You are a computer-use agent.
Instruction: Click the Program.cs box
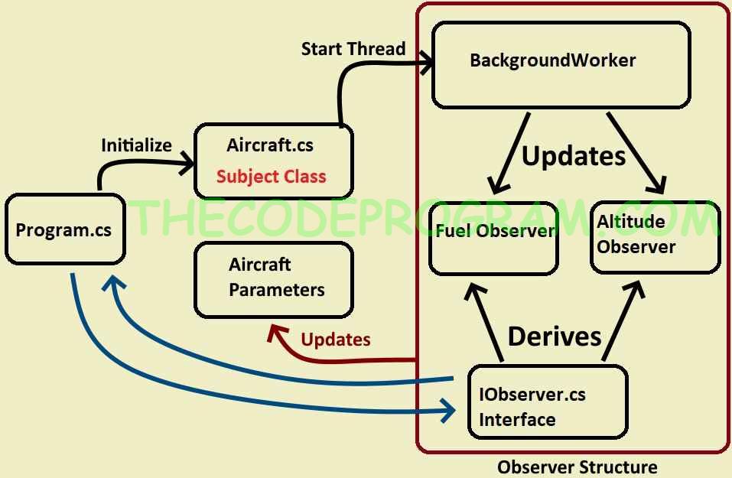click(63, 229)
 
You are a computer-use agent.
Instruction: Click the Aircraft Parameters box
click(274, 279)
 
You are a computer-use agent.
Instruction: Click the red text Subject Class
click(271, 177)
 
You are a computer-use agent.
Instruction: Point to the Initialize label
click(137, 145)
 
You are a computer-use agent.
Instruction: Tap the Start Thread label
click(353, 49)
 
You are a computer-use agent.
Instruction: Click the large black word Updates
click(574, 155)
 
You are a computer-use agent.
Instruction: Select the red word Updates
click(336, 340)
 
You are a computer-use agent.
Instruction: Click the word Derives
click(555, 336)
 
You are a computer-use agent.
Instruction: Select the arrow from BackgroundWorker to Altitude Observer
click(636, 152)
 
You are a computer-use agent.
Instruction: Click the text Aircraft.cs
click(270, 145)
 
